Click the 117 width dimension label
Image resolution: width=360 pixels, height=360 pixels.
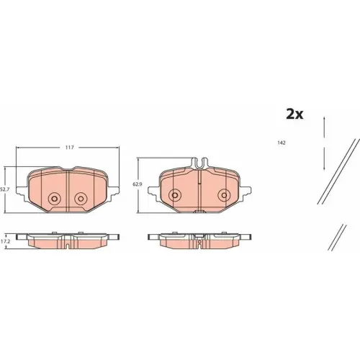[69, 148]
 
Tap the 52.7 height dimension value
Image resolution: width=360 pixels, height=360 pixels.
[3, 189]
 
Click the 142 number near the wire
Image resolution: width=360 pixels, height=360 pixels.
[282, 143]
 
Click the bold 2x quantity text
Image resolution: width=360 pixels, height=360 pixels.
[294, 114]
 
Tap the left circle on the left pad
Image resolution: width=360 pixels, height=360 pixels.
[54, 199]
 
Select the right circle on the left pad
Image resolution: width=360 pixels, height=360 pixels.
[81, 199]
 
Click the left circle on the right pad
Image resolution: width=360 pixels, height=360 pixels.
[175, 195]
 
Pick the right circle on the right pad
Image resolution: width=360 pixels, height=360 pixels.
[224, 195]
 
